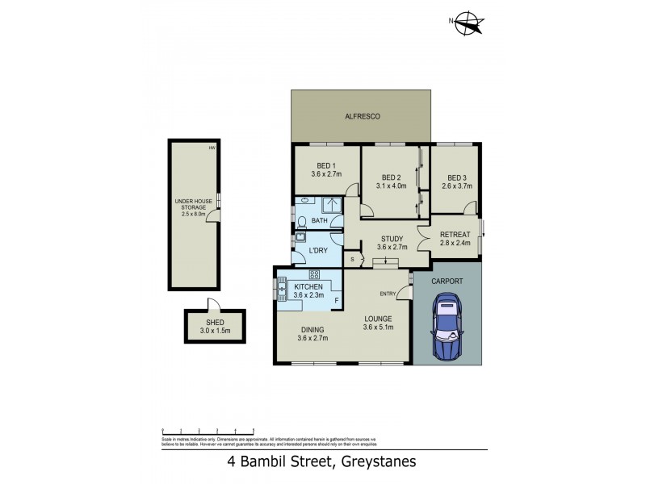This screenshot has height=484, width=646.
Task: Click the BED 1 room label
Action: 326,166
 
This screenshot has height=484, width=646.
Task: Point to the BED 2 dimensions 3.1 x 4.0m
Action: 392,187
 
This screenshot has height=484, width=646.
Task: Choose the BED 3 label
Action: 457,178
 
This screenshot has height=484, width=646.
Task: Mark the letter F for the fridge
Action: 337,302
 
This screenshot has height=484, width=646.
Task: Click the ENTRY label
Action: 388,293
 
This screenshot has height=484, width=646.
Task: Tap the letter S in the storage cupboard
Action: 352,259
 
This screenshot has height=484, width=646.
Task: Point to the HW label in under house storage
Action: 212,148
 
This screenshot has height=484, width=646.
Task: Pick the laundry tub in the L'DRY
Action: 300,238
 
